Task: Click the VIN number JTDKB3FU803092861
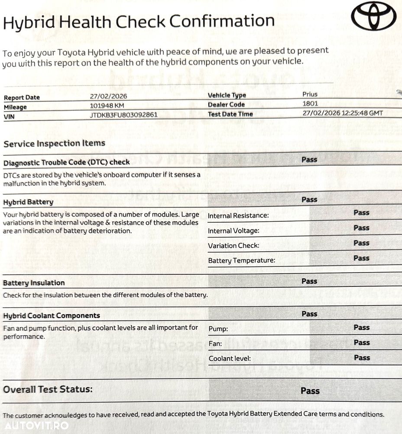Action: point(123,115)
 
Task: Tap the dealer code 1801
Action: point(310,104)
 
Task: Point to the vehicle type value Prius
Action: point(310,94)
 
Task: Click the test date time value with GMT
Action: point(343,113)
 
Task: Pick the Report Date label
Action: point(22,98)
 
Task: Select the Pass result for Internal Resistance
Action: point(361,213)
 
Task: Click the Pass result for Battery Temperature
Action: point(361,258)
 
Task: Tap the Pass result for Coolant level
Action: point(362,358)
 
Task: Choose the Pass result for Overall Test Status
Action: point(310,391)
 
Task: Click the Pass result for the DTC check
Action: point(309,160)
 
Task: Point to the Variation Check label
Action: point(233,246)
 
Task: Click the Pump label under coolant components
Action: point(218,329)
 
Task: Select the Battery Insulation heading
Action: point(34,283)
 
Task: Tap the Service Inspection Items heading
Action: point(54,144)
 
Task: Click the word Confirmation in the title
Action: point(221,21)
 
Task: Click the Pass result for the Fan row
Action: point(362,342)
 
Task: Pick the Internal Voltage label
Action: point(233,231)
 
